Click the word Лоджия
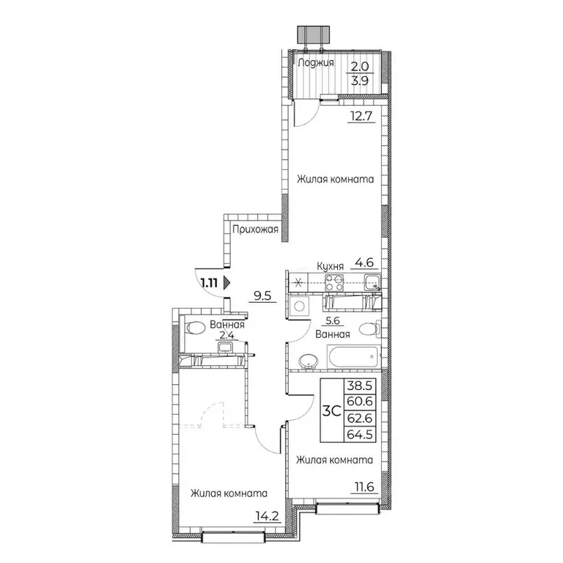[317, 63]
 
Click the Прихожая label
[254, 230]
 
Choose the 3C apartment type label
[331, 411]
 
